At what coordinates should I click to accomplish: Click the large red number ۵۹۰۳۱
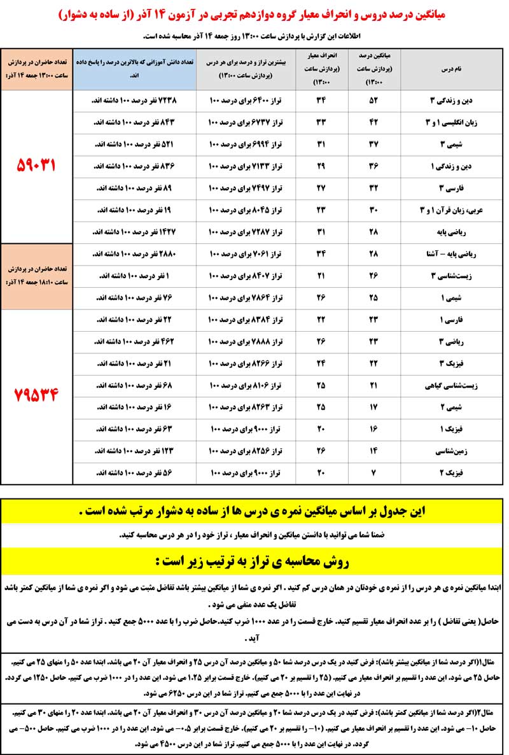36,165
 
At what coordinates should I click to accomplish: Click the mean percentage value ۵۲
374,100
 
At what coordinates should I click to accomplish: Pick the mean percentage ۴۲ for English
374,122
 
